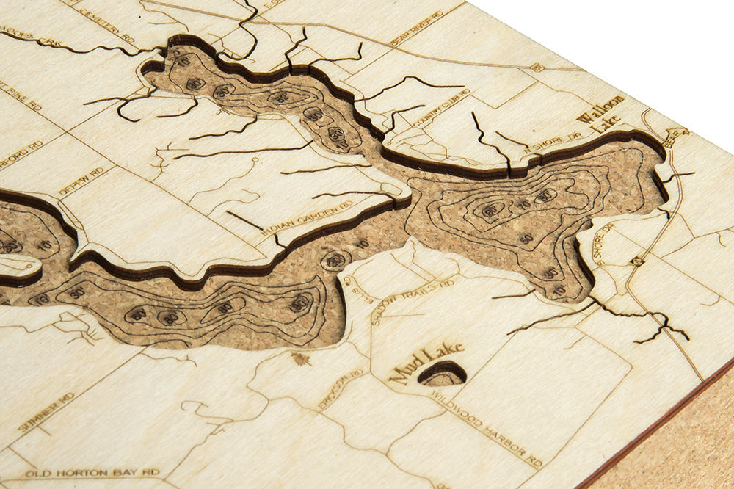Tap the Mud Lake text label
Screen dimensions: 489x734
click(425, 362)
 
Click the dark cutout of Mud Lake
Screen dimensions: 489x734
click(443, 374)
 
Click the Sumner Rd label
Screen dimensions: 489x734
click(46, 413)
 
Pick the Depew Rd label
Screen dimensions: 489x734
click(81, 181)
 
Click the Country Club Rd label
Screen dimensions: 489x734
click(441, 107)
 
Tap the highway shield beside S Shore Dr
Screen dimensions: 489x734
click(636, 261)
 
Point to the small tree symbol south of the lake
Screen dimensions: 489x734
click(300, 358)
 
